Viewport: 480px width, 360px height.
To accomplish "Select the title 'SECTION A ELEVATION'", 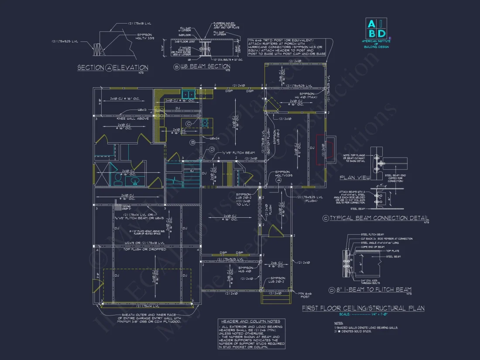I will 113,68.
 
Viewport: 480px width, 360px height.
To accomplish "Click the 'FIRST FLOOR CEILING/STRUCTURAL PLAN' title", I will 363,308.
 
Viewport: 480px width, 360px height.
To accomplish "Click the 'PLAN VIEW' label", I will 355,178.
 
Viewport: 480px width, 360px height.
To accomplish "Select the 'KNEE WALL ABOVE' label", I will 133,118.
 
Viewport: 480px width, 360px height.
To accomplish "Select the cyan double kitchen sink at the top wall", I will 189,93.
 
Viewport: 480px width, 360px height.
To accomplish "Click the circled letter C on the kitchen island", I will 188,123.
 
